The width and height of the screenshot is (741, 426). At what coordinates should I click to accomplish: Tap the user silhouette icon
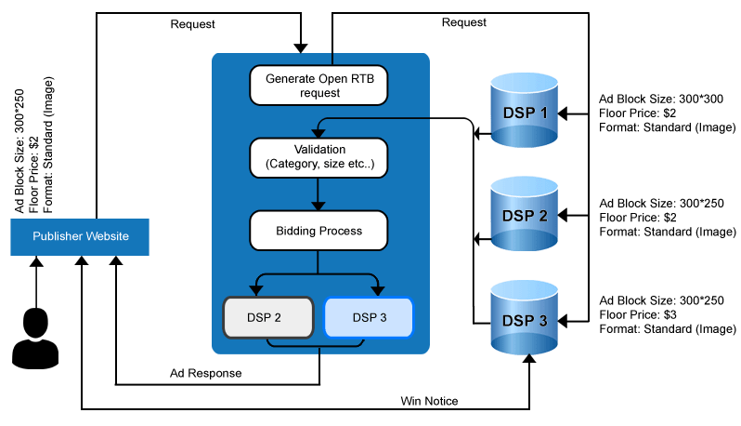34,336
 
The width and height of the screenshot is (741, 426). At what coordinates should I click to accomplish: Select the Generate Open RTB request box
318,86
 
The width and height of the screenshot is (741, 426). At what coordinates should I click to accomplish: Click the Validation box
318,156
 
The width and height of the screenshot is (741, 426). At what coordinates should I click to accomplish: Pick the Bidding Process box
318,229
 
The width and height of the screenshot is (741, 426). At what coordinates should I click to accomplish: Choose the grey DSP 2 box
265,317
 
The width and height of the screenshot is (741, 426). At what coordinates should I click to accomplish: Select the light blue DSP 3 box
368,317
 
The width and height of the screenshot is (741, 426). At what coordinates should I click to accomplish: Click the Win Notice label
429,401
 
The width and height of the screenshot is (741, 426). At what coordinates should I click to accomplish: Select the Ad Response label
205,373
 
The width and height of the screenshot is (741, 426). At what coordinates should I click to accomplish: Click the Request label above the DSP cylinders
465,21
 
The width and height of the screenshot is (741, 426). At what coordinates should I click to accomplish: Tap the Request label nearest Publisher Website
193,23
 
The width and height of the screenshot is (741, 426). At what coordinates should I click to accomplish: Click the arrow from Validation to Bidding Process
318,193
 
